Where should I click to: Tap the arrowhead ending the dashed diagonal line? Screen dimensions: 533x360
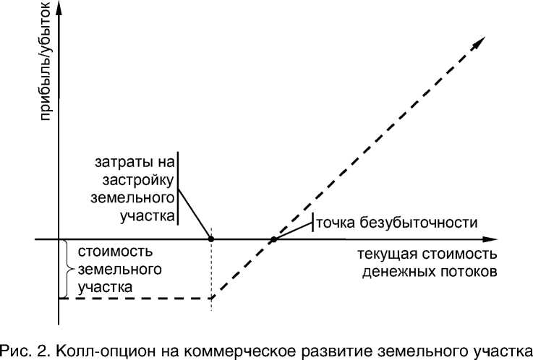(x=478, y=44)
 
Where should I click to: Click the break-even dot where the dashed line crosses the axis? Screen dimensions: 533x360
(x=274, y=239)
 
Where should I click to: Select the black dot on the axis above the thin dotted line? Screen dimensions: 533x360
(x=211, y=239)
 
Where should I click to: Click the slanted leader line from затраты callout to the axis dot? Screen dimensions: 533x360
(x=194, y=212)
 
